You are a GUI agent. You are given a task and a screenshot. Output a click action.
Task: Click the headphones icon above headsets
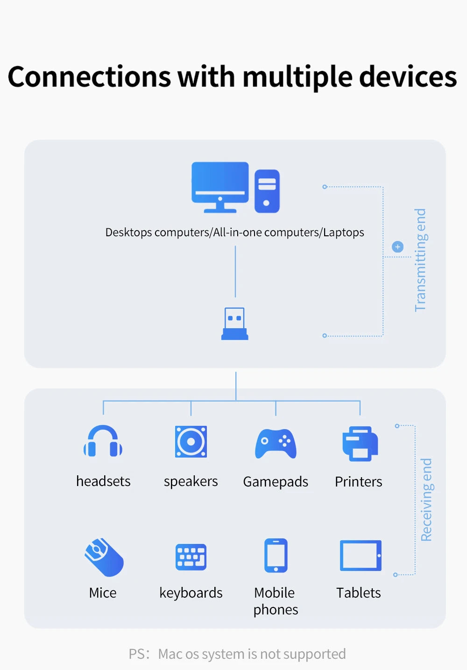(103, 441)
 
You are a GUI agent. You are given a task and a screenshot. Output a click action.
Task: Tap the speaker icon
(191, 442)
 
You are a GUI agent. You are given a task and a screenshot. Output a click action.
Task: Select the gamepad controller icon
(276, 444)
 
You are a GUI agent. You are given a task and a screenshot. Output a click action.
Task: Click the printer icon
(360, 444)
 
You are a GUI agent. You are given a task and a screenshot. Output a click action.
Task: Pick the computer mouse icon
(104, 557)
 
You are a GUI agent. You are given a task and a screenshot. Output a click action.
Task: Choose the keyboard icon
(191, 557)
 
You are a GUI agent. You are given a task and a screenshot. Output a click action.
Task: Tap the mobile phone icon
(276, 556)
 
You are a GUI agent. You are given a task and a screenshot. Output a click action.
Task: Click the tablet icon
(361, 556)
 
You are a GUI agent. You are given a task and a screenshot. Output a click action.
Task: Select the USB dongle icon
(235, 324)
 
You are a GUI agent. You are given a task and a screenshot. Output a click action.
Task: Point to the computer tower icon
(267, 191)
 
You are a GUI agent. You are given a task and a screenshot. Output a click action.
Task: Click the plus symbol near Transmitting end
(398, 247)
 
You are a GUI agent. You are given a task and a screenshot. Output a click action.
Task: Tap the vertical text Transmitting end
(420, 260)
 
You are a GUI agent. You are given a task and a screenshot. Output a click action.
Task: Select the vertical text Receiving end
(426, 500)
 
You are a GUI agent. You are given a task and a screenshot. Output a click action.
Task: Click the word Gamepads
(276, 482)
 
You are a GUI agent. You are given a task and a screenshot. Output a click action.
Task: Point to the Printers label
(359, 482)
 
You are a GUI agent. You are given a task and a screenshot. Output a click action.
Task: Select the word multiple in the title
(297, 77)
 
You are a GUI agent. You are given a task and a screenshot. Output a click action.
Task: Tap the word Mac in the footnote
(170, 654)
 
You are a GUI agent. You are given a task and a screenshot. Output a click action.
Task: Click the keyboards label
(191, 593)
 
